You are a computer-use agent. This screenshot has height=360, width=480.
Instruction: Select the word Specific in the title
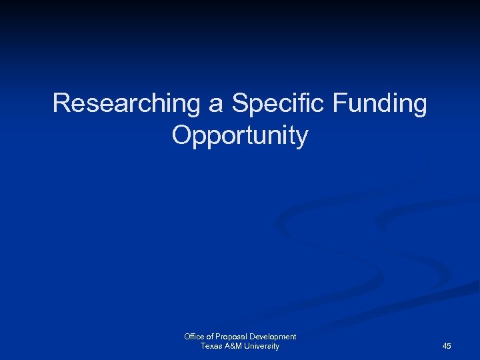278,103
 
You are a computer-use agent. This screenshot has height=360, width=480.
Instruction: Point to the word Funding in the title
381,103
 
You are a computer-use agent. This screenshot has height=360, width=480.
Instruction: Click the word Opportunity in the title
240,135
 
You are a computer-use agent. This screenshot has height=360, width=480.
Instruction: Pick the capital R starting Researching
61,103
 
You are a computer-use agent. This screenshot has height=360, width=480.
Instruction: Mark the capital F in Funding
339,103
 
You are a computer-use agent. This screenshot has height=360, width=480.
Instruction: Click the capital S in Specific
239,103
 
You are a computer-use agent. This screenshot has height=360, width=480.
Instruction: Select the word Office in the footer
195,337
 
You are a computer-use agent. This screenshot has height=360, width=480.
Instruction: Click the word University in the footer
263,346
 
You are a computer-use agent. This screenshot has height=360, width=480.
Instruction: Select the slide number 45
447,346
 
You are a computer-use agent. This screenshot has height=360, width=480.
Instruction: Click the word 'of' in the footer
211,337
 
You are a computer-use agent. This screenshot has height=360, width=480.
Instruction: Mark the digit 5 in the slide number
449,346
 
